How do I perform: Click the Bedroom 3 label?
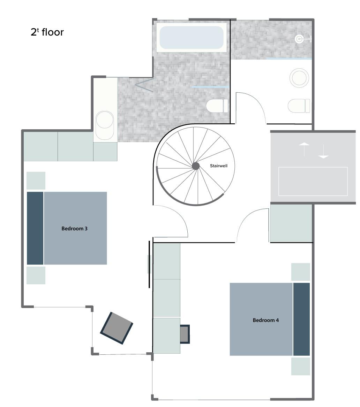[x=74, y=229]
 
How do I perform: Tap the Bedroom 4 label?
[x=266, y=320]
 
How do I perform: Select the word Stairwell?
[x=219, y=166]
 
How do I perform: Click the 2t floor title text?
[x=47, y=32]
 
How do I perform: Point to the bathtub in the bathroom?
[x=192, y=37]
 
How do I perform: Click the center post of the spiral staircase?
[x=196, y=166]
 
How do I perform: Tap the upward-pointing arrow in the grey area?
[x=304, y=149]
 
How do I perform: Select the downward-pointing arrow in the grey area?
[x=323, y=152]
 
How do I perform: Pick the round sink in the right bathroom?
[x=299, y=78]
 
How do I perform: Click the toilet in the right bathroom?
[x=299, y=106]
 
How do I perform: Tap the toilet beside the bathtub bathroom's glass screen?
[x=217, y=106]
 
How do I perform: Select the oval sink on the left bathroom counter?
[x=105, y=125]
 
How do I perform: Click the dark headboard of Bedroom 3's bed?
[x=35, y=228]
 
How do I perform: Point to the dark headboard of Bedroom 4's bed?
[x=301, y=319]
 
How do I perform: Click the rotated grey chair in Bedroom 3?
[x=117, y=328]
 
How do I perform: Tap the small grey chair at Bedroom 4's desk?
[x=185, y=334]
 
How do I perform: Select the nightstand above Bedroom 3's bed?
[x=36, y=181]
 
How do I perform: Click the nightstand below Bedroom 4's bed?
[x=300, y=366]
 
